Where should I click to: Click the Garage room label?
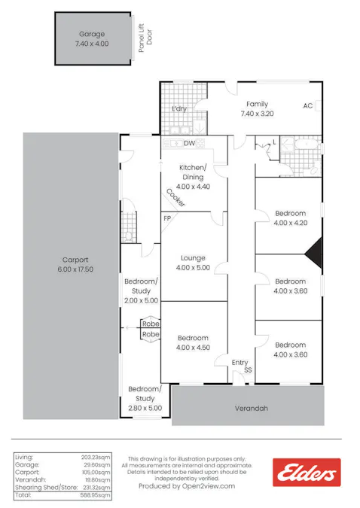click(92, 39)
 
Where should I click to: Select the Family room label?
click(254, 109)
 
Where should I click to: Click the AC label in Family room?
click(307, 106)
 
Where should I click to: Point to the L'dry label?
click(178, 110)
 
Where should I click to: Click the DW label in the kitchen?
click(190, 143)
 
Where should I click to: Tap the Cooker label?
click(175, 197)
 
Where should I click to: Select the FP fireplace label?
click(167, 218)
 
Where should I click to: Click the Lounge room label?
click(194, 263)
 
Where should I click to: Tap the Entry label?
click(239, 363)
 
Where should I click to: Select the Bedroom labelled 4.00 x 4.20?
click(290, 218)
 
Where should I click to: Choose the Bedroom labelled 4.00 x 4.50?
click(194, 343)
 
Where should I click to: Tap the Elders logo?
click(307, 473)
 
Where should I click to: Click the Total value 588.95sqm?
click(96, 497)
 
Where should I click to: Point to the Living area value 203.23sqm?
click(96, 457)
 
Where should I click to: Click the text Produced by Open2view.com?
click(187, 486)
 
